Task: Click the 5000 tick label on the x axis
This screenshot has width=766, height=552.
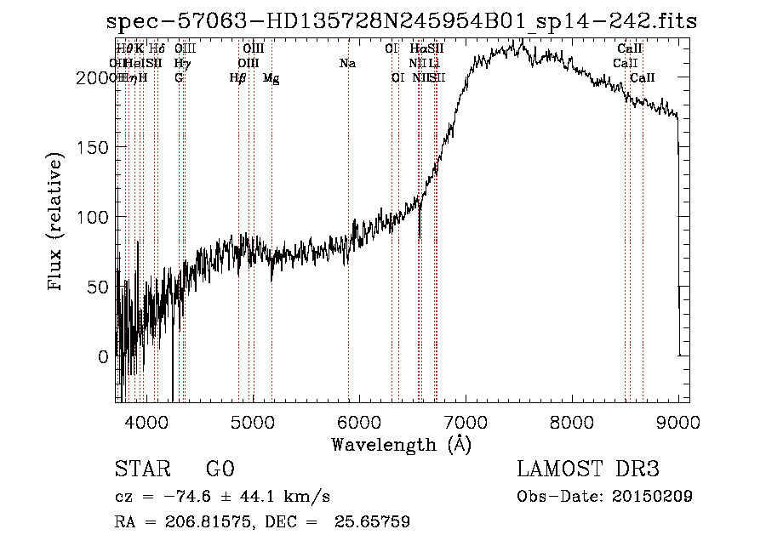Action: coord(253,421)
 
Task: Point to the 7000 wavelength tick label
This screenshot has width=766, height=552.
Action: coord(466,421)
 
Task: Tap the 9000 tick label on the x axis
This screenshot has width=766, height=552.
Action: coord(678,421)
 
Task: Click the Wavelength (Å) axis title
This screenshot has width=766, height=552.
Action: coord(402,444)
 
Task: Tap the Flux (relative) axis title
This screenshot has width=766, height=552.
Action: coord(57,223)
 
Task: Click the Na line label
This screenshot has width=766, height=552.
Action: coord(347,64)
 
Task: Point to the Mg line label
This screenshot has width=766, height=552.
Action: coord(271,78)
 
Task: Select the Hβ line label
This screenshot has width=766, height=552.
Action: coord(237,78)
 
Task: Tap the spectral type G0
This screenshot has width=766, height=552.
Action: coord(220,470)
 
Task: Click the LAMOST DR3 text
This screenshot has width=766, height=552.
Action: coord(588,470)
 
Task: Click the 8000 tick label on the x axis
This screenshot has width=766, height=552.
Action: coord(572,421)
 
